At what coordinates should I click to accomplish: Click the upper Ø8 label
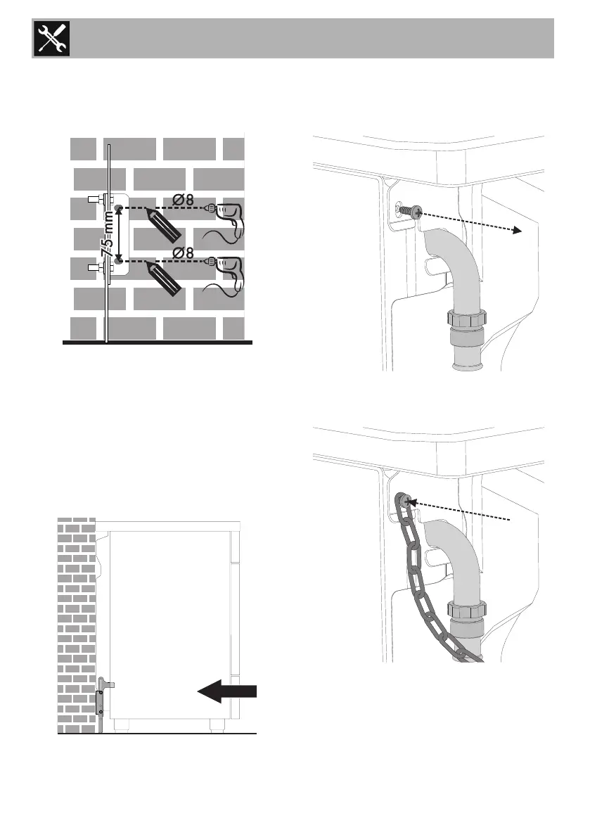[184, 199]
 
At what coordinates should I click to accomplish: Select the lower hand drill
[226, 271]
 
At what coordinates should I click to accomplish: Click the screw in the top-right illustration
[411, 210]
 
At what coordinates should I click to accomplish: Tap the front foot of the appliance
[214, 723]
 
